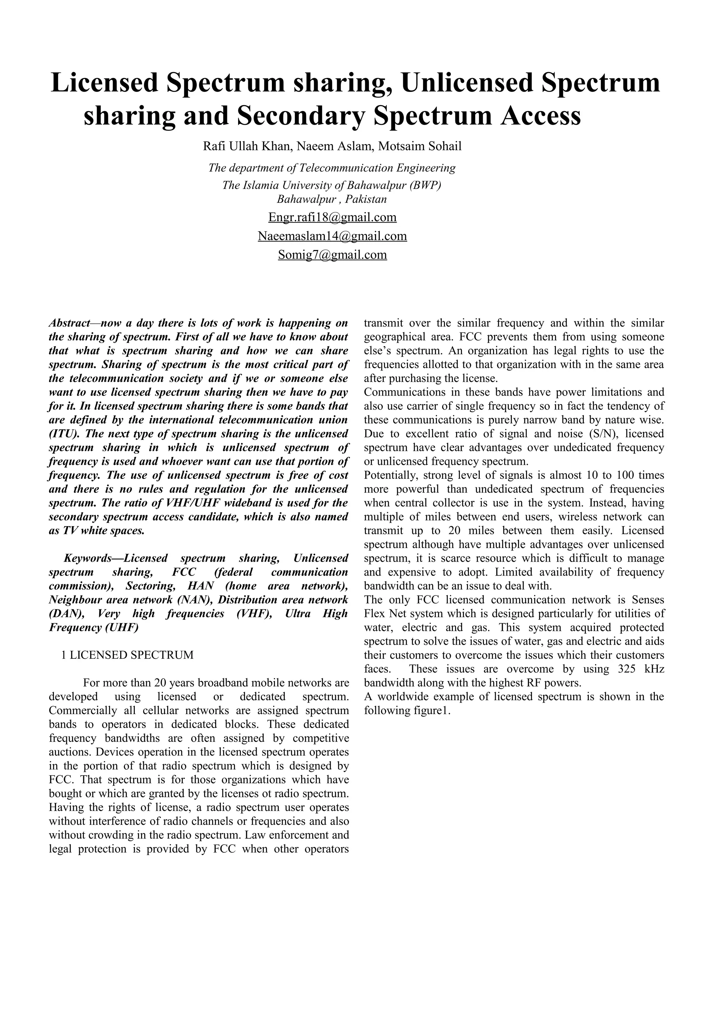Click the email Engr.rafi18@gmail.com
pos(332,217)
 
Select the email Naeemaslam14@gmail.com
pos(332,236)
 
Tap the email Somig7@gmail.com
pos(332,255)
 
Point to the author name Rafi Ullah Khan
pos(247,146)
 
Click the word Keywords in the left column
pos(87,558)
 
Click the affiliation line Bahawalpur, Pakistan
pos(332,199)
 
